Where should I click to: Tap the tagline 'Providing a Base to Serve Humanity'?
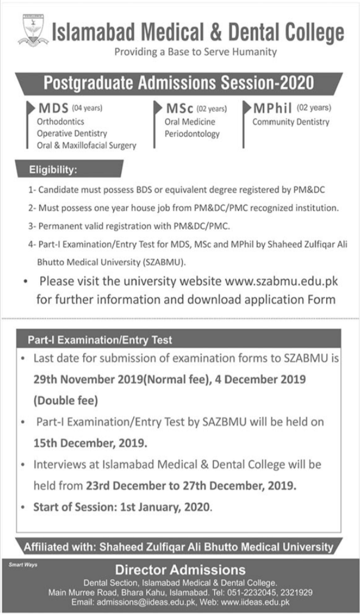pos(195,53)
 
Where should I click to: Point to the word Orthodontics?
pos(61,122)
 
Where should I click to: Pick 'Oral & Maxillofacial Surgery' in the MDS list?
pos(87,146)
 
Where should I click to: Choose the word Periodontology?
pos(192,134)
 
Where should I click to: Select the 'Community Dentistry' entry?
pos(290,122)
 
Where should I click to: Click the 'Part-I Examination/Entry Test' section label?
pos(100,340)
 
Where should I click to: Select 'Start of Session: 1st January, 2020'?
pos(122,507)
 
